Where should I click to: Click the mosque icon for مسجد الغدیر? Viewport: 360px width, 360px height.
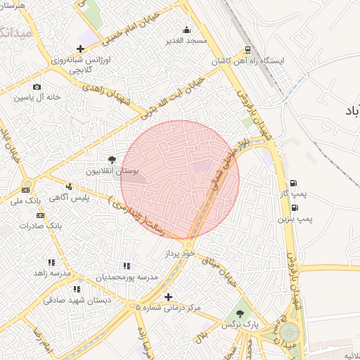pyautogui.click(x=186, y=30)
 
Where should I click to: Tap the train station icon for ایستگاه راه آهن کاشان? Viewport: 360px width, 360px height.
pyautogui.click(x=247, y=50)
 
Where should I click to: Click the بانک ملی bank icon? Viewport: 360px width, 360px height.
pyautogui.click(x=27, y=190)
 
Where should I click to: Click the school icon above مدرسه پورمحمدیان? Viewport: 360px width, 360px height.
pyautogui.click(x=127, y=266)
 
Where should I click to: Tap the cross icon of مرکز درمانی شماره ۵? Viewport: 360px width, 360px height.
pyautogui.click(x=167, y=297)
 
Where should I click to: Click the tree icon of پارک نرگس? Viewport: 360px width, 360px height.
pyautogui.click(x=240, y=314)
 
